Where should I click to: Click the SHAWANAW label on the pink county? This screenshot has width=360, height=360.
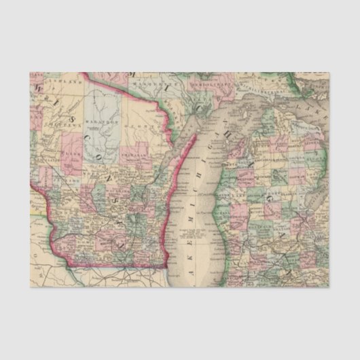pos(139,156)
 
